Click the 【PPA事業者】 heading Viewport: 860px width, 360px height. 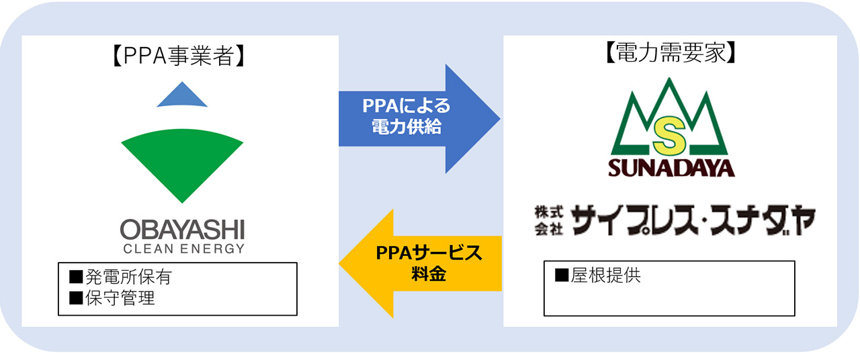[179, 56]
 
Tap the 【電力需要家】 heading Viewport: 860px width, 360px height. [671, 52]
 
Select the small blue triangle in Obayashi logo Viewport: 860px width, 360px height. [182, 95]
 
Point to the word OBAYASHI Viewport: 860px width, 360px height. [182, 230]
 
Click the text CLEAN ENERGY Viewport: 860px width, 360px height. [183, 249]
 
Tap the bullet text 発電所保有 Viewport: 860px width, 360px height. [128, 277]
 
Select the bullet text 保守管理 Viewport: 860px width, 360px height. [120, 298]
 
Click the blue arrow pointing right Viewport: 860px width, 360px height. [419, 119]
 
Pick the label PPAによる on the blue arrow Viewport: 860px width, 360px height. [406, 106]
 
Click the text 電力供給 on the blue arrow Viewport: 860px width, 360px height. [406, 127]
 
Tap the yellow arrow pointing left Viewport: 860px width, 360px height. [420, 264]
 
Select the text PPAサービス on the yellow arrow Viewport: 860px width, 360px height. [429, 253]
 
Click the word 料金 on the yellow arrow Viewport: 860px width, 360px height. [429, 274]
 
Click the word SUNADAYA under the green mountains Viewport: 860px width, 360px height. [671, 168]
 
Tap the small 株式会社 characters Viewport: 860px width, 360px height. [549, 220]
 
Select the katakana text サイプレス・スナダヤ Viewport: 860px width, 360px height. [693, 220]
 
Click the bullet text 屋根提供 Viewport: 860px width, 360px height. [605, 275]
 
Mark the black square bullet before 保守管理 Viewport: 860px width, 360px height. [76, 298]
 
